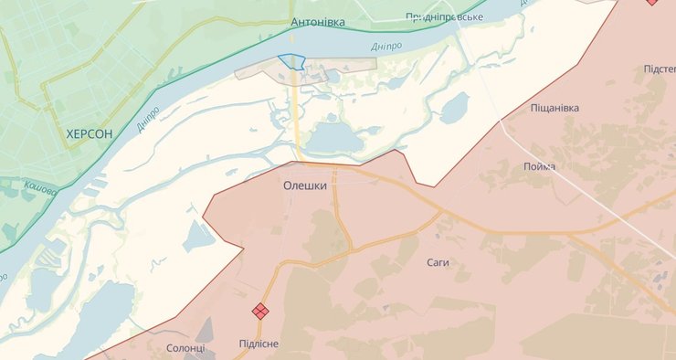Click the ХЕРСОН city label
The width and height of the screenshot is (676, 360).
pos(90,133)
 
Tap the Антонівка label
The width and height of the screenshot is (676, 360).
pos(317,22)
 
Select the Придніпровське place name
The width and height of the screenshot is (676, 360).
pos(443,16)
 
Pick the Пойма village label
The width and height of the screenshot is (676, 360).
pos(539,165)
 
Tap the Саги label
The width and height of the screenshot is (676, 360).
pos(438,262)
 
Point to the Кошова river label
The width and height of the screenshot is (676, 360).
pos(40,187)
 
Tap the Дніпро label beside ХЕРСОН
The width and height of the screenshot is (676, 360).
pos(148,120)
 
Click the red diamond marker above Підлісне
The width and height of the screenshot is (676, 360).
pos(260,312)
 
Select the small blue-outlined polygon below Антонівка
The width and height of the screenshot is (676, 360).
pos(291,61)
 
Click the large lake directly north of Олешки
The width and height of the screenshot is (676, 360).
pos(333,139)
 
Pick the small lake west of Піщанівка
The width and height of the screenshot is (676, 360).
pos(454,108)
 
